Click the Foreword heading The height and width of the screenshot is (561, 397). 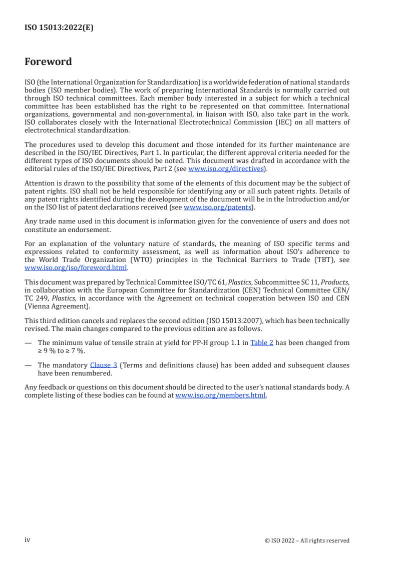(x=48, y=62)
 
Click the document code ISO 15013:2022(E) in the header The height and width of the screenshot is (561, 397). (x=59, y=28)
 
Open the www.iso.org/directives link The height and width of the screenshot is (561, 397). (x=226, y=169)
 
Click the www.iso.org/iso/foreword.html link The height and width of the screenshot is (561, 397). (x=76, y=267)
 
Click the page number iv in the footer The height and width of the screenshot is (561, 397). (x=28, y=540)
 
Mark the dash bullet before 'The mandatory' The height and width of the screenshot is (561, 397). (x=28, y=365)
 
